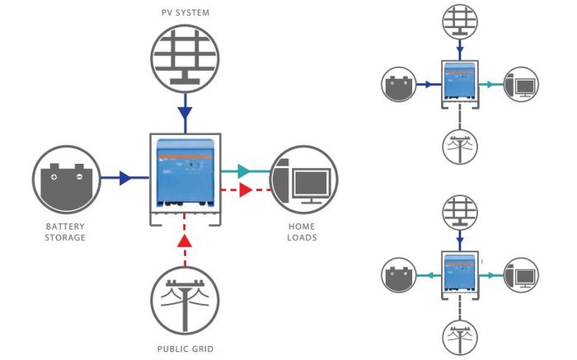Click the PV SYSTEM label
pos(185,12)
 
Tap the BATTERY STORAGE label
pos(65,232)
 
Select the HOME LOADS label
pos(302,232)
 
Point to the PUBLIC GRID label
pos(185,349)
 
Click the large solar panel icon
pos(185,58)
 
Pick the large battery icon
pos(67,180)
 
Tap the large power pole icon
pos(185,301)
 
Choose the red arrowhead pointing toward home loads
pos(246,189)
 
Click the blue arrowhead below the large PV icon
pos(185,113)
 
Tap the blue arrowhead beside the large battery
pos(126,178)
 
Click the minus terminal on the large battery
pos(79,177)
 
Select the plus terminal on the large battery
pos(54,177)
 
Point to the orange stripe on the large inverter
pos(185,157)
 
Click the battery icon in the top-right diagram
pos(399,84)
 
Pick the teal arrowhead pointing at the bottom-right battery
pos(429,275)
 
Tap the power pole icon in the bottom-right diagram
pos(460,339)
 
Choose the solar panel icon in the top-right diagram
pos(460,21)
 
